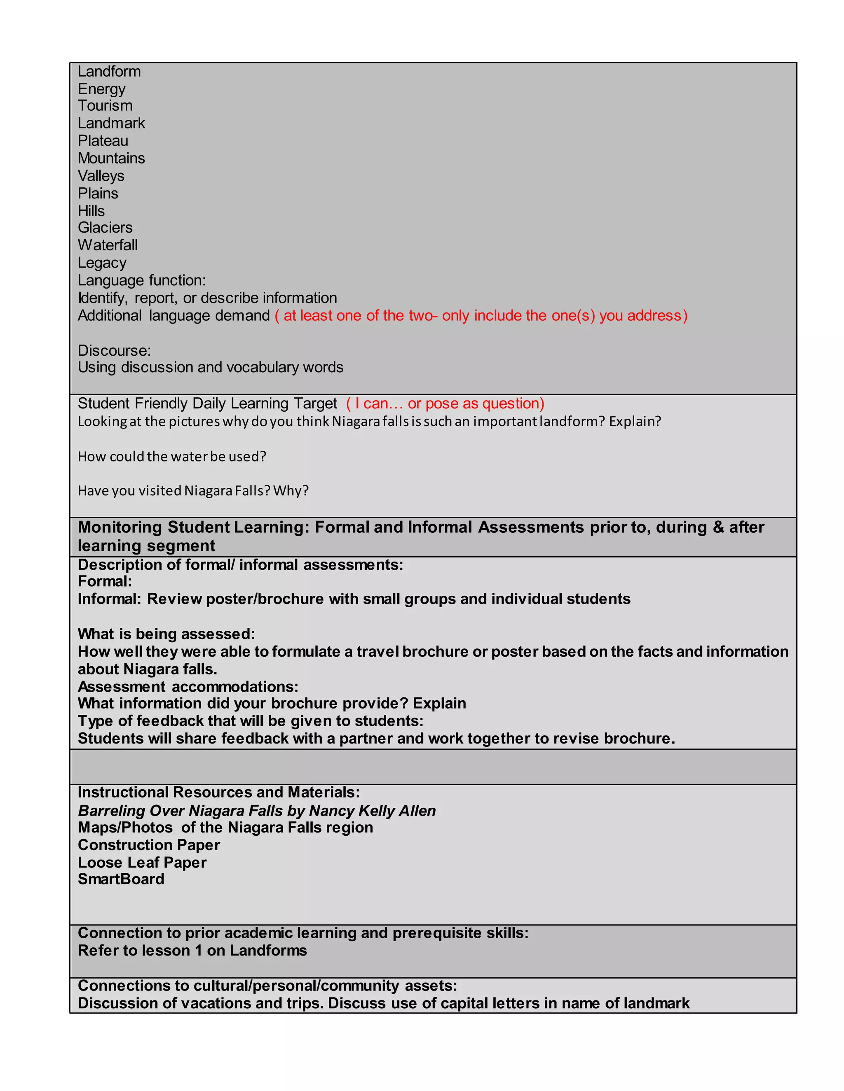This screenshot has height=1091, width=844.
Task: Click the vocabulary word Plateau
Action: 103,141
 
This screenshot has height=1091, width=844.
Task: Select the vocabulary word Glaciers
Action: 105,228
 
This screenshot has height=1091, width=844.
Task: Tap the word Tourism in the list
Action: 105,106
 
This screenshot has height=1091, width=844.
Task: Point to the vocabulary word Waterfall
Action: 108,245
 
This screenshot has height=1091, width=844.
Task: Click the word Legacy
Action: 102,263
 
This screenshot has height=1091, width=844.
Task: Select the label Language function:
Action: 141,280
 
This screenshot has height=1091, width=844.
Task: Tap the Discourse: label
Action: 114,350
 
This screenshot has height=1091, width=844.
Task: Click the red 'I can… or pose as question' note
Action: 445,403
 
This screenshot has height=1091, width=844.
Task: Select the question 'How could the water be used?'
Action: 172,457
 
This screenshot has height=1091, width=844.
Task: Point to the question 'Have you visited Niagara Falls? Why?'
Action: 193,491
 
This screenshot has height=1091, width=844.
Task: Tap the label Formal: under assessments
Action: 105,581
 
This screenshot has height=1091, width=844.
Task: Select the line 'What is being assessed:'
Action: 166,634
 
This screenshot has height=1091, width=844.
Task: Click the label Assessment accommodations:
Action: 188,686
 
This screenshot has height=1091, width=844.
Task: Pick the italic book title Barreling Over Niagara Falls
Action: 256,810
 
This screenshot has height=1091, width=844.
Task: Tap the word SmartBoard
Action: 121,879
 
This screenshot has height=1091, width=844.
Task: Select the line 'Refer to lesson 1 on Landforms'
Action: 192,951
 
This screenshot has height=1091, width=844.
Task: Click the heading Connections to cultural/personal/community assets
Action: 267,986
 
